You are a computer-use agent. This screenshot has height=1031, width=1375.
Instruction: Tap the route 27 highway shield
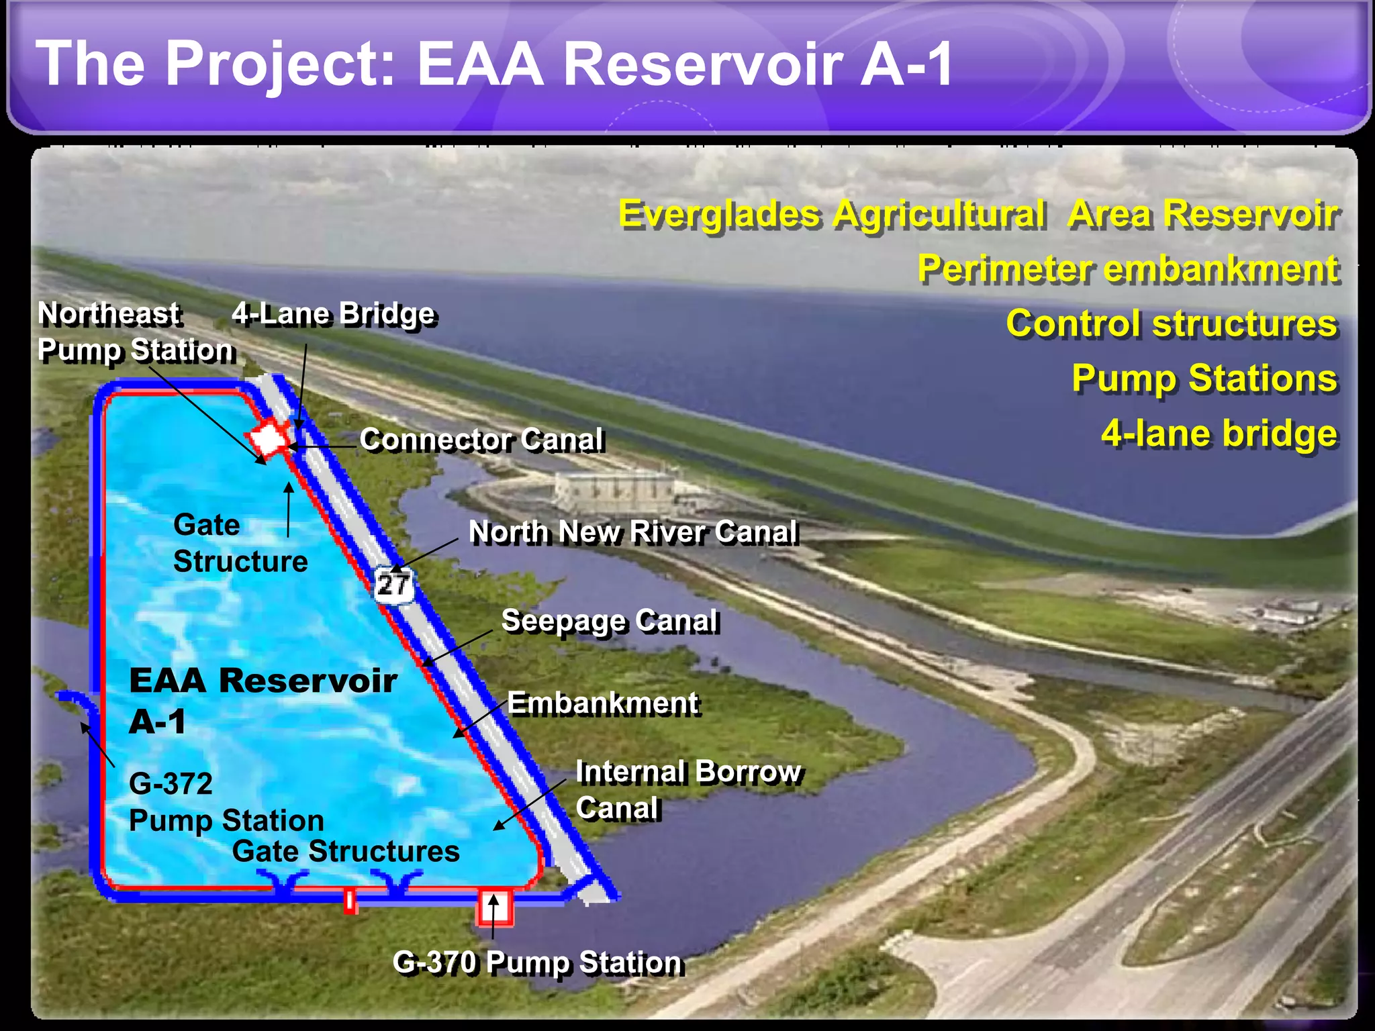click(393, 584)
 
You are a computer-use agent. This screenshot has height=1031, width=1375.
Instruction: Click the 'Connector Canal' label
click(481, 440)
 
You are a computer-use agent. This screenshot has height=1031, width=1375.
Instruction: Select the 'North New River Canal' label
click(633, 532)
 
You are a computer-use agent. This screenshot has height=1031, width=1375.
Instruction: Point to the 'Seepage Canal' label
click(610, 621)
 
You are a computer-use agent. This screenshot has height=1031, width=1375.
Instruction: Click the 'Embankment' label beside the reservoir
click(602, 703)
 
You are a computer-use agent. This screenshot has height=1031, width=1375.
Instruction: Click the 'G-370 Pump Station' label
click(537, 963)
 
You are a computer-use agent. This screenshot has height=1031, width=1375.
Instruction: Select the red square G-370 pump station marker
click(495, 907)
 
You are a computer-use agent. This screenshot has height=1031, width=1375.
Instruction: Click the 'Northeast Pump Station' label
click(134, 332)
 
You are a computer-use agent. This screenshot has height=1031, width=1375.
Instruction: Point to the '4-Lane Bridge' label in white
click(334, 314)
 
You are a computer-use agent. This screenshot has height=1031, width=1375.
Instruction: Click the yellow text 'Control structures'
click(1172, 324)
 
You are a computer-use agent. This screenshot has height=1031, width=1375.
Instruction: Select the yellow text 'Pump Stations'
click(1204, 379)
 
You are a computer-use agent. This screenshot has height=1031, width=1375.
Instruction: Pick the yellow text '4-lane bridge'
click(1219, 434)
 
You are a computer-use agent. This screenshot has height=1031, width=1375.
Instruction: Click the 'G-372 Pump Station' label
click(225, 802)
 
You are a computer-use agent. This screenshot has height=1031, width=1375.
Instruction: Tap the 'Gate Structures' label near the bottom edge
click(346, 851)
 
